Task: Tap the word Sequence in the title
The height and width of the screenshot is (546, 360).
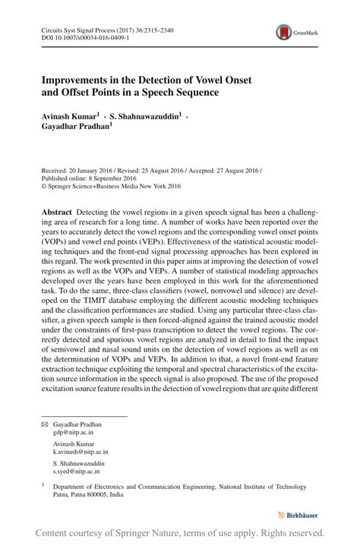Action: click(x=191, y=93)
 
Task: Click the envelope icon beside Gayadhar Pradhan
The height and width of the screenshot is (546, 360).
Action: click(x=43, y=424)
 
